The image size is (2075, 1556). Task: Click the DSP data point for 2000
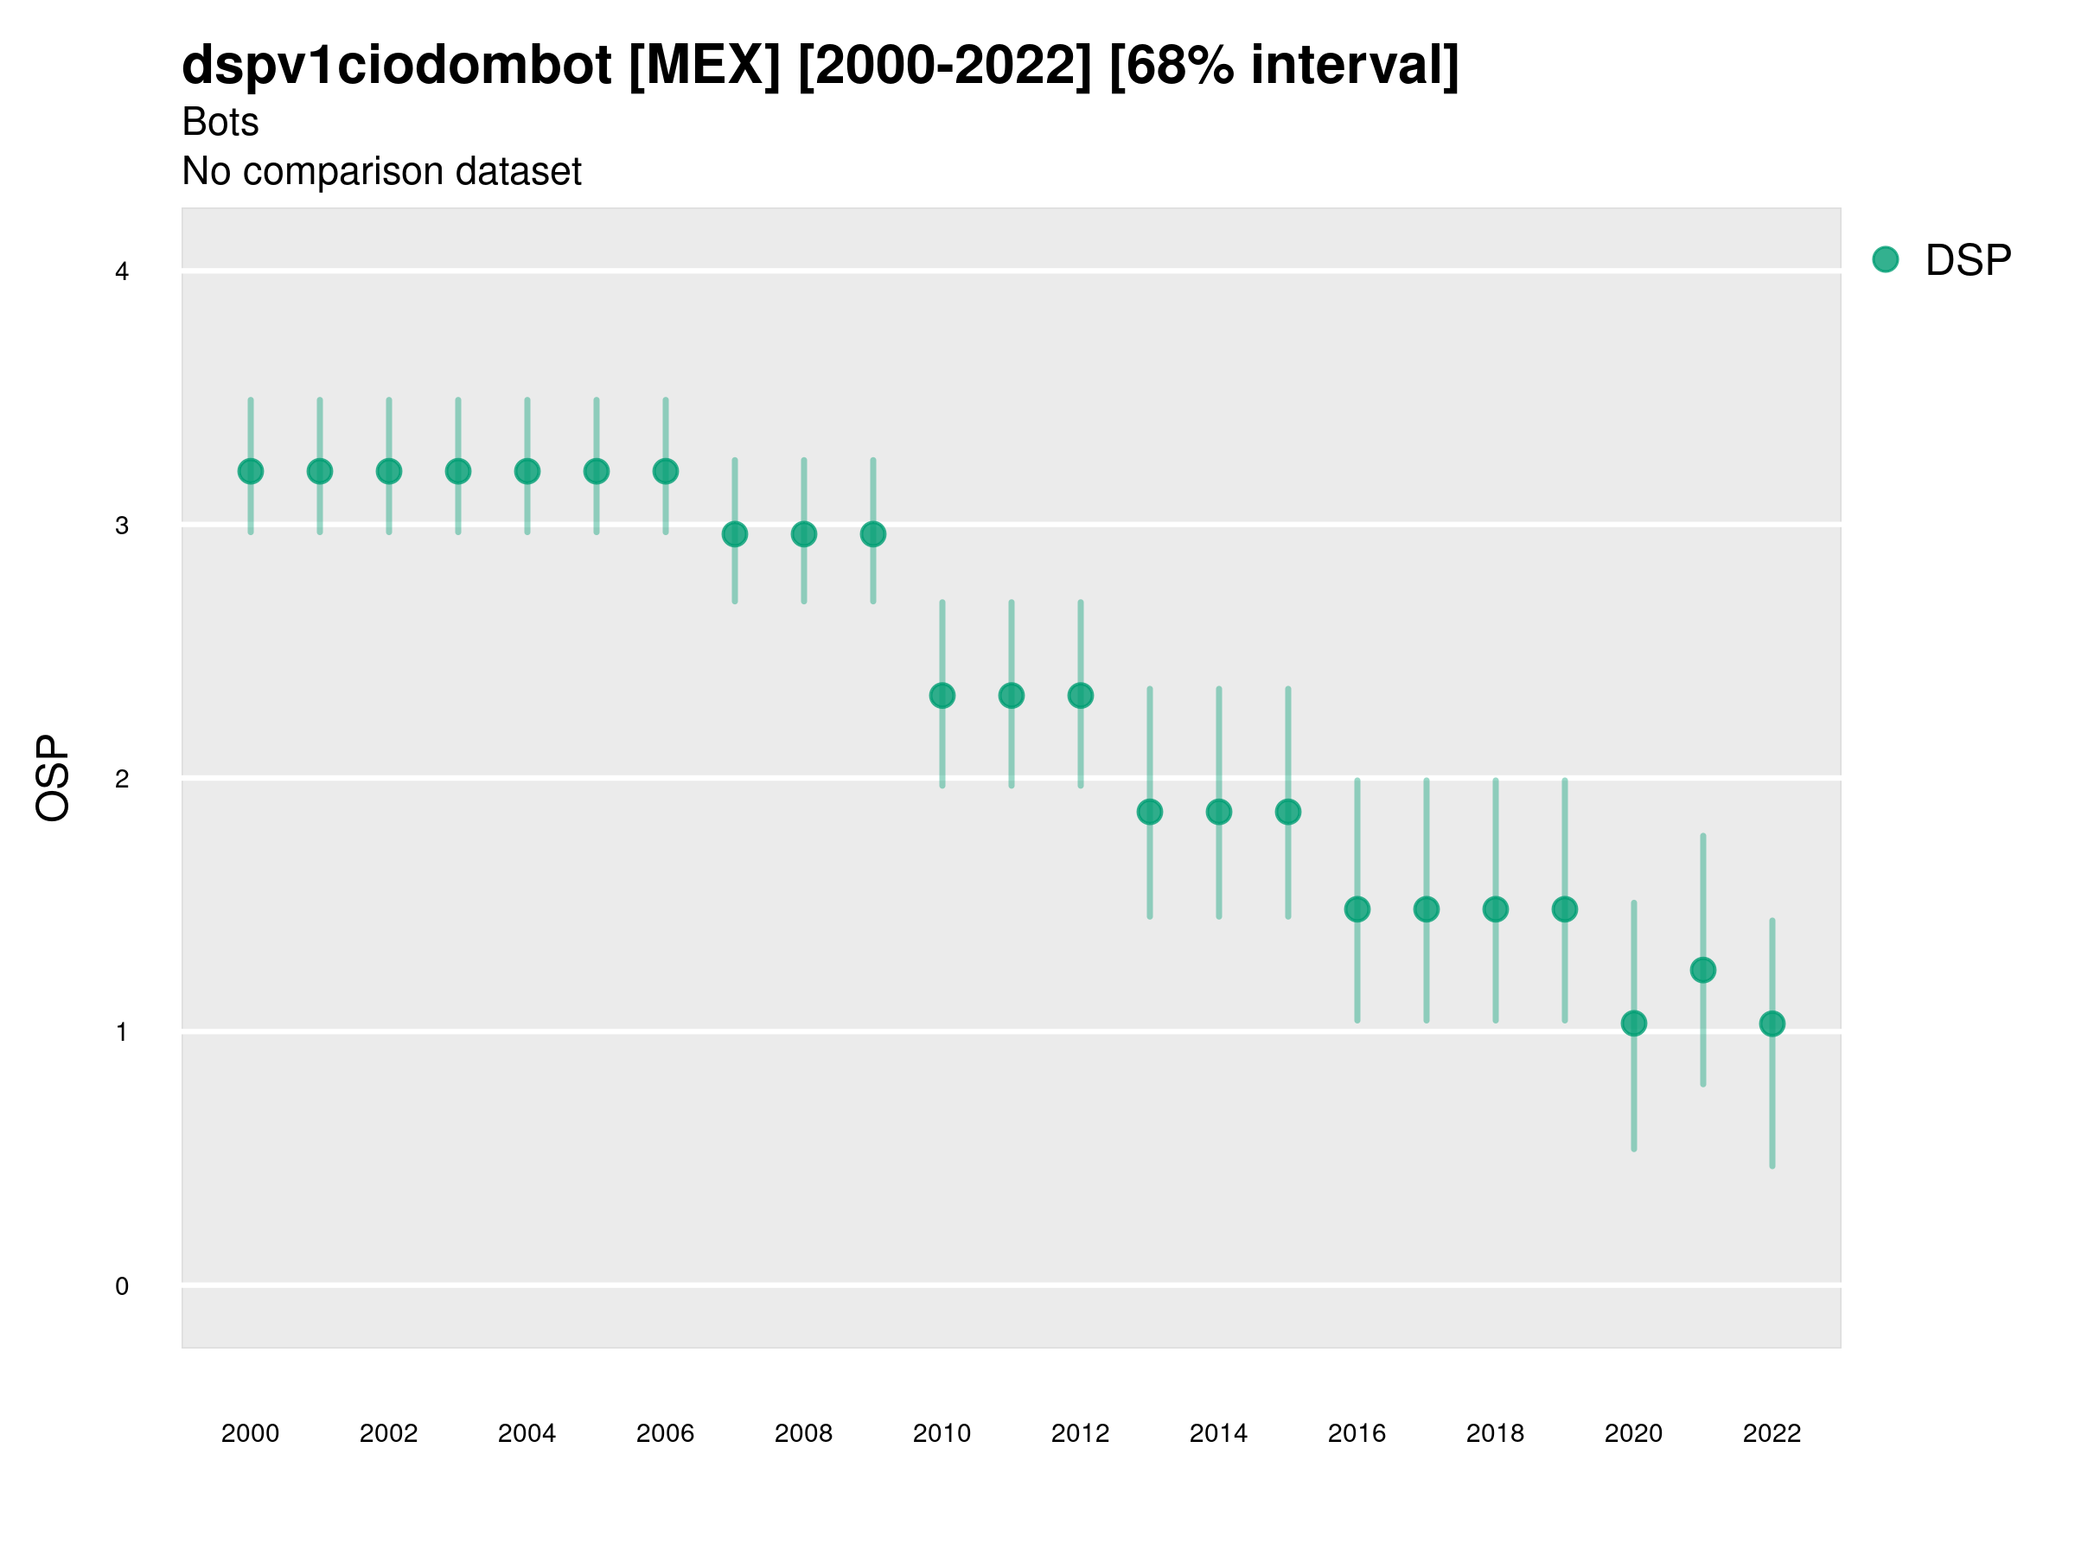pyautogui.click(x=251, y=471)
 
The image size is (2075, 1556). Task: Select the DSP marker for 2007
pyautogui.click(x=735, y=534)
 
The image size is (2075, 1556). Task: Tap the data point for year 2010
pyautogui.click(x=942, y=696)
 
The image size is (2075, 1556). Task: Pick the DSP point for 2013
pyautogui.click(x=1149, y=812)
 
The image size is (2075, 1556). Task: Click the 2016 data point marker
pyautogui.click(x=1357, y=909)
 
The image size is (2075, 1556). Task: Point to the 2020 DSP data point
pyautogui.click(x=1633, y=1024)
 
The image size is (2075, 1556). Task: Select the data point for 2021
pyautogui.click(x=1702, y=970)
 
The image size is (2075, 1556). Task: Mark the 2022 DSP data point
pyautogui.click(x=1772, y=1024)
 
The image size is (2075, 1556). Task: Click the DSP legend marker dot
pyautogui.click(x=1885, y=260)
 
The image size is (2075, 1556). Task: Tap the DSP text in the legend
pyautogui.click(x=1968, y=261)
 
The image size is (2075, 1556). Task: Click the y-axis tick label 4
pyautogui.click(x=122, y=272)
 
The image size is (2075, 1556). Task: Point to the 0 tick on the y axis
pyautogui.click(x=122, y=1286)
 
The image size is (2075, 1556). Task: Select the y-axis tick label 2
pyautogui.click(x=122, y=779)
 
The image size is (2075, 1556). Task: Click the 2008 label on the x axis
pyautogui.click(x=804, y=1433)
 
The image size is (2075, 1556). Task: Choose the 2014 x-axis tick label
pyautogui.click(x=1218, y=1433)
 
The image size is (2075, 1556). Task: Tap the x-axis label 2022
pyautogui.click(x=1772, y=1433)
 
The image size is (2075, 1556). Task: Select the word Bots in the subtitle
pyautogui.click(x=220, y=122)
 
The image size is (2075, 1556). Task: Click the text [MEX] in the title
pyautogui.click(x=705, y=66)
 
